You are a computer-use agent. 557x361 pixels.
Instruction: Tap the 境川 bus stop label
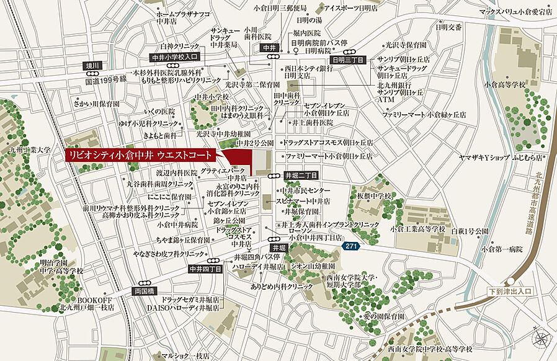click(92, 65)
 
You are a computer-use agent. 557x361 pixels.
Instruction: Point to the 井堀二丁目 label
click(301, 176)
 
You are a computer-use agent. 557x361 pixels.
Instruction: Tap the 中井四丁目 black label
click(205, 269)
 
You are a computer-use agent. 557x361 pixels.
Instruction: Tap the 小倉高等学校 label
click(505, 84)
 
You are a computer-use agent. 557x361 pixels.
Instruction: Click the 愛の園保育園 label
click(384, 316)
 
